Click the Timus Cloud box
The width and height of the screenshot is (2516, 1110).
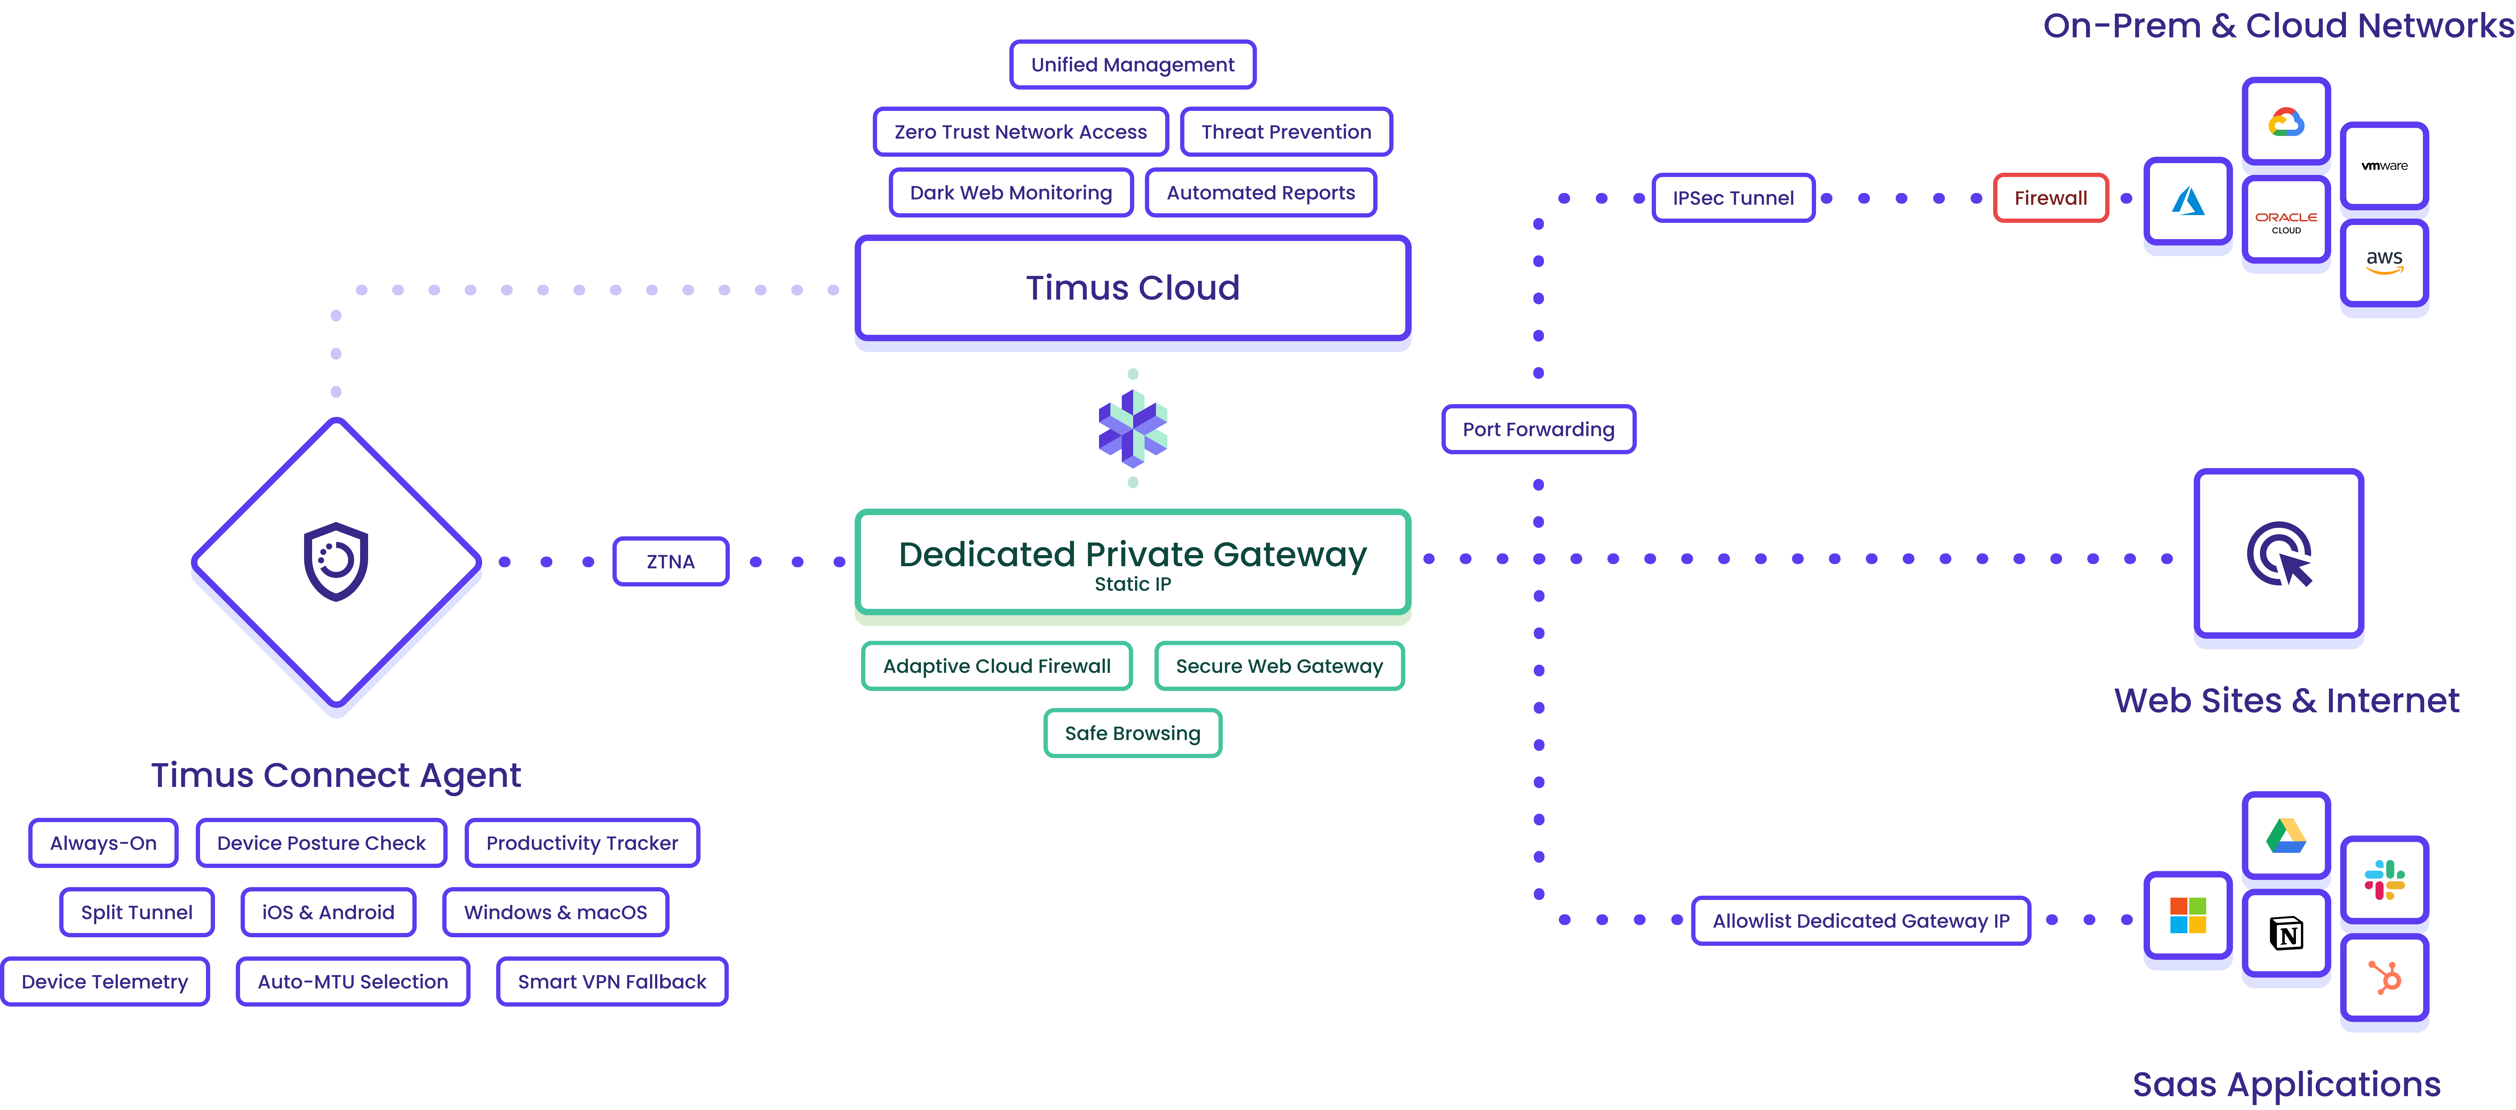pyautogui.click(x=1132, y=288)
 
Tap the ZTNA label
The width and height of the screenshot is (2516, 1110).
pyautogui.click(x=670, y=561)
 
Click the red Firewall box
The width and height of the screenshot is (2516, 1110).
pyautogui.click(x=2050, y=198)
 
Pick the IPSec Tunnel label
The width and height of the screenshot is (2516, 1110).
pyautogui.click(x=1733, y=198)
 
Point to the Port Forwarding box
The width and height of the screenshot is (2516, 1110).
pyautogui.click(x=1538, y=429)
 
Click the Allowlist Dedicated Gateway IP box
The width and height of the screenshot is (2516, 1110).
pyautogui.click(x=1861, y=921)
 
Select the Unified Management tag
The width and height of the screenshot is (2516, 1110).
pyautogui.click(x=1132, y=65)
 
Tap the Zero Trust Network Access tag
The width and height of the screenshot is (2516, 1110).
pyautogui.click(x=1021, y=132)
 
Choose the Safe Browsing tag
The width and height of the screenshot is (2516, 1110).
pyautogui.click(x=1132, y=733)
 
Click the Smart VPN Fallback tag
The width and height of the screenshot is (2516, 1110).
pyautogui.click(x=611, y=981)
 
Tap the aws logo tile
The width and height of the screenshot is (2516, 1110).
pyautogui.click(x=2384, y=262)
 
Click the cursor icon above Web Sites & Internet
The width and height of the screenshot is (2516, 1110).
pyautogui.click(x=2279, y=554)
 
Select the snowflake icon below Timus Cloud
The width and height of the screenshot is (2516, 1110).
pyautogui.click(x=1132, y=429)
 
